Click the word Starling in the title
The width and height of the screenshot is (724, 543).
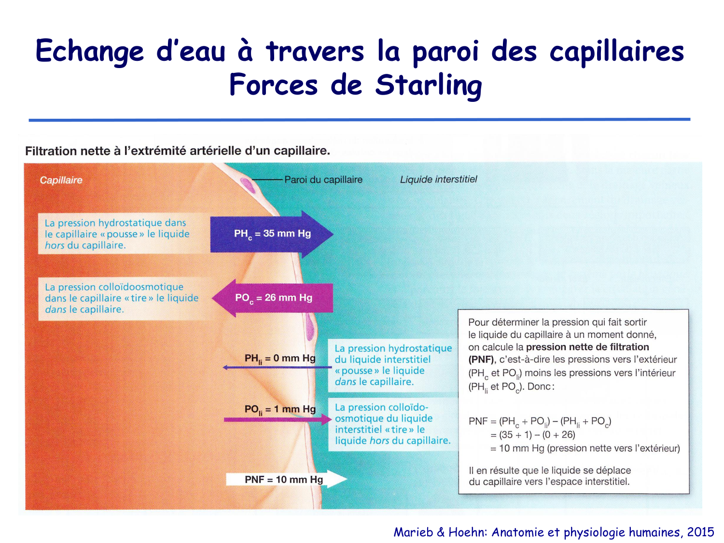click(x=429, y=85)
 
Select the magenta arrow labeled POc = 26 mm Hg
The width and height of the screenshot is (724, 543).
click(x=273, y=298)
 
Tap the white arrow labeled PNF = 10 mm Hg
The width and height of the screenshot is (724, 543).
click(x=285, y=479)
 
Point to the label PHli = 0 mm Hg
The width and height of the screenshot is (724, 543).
click(x=280, y=359)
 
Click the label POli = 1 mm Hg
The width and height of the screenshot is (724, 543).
click(x=280, y=409)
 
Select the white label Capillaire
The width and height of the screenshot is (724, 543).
click(x=61, y=180)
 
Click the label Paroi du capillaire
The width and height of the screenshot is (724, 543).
click(x=323, y=180)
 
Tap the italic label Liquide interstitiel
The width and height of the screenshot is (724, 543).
click(x=438, y=180)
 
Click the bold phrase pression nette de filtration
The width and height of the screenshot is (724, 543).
click(x=587, y=347)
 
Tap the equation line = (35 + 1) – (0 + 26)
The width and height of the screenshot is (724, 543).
click(x=532, y=435)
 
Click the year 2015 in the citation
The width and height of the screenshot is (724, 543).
click(x=700, y=532)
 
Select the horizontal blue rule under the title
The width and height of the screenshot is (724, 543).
click(x=359, y=119)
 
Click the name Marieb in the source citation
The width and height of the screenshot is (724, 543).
click(x=413, y=532)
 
